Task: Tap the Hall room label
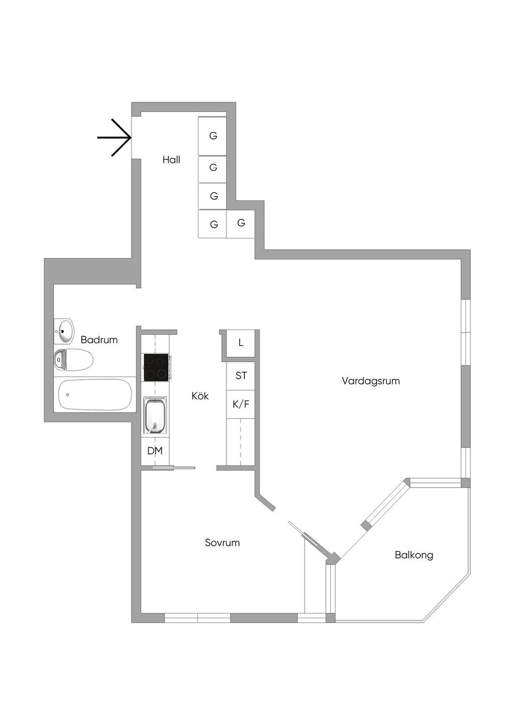171,160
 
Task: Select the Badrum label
99,340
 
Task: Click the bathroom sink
64,330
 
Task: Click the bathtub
95,394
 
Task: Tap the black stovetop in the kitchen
156,367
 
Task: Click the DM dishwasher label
155,451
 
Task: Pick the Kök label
200,396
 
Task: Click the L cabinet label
241,343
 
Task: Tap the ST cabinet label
241,375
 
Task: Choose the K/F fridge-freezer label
241,403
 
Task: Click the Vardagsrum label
370,381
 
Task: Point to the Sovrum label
222,542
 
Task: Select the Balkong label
414,555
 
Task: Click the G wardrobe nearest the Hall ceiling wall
213,136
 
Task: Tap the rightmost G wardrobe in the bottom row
241,223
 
